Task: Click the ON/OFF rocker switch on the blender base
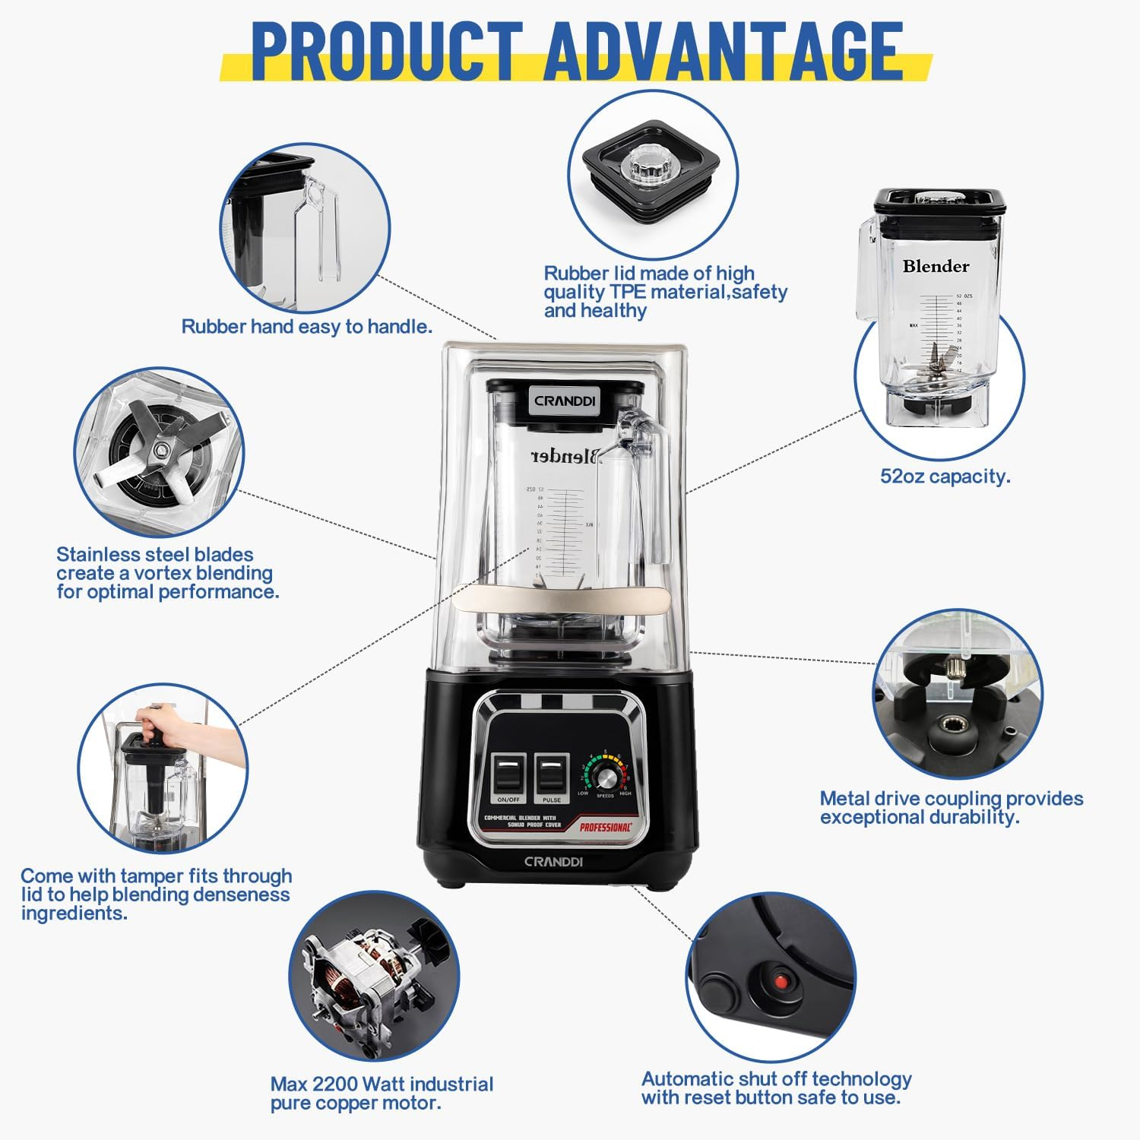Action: (508, 774)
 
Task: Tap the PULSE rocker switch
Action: (552, 774)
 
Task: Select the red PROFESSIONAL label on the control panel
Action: (606, 827)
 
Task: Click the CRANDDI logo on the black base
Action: (553, 861)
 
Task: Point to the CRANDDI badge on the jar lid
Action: (565, 401)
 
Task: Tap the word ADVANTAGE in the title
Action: (723, 52)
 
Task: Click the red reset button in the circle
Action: (778, 981)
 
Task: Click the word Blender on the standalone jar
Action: (936, 266)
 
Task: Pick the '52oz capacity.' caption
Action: (945, 477)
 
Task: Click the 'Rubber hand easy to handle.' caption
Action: (306, 327)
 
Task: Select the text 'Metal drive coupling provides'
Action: (951, 798)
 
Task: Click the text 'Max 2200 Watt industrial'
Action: (382, 1084)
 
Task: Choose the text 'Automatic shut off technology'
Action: (776, 1078)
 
